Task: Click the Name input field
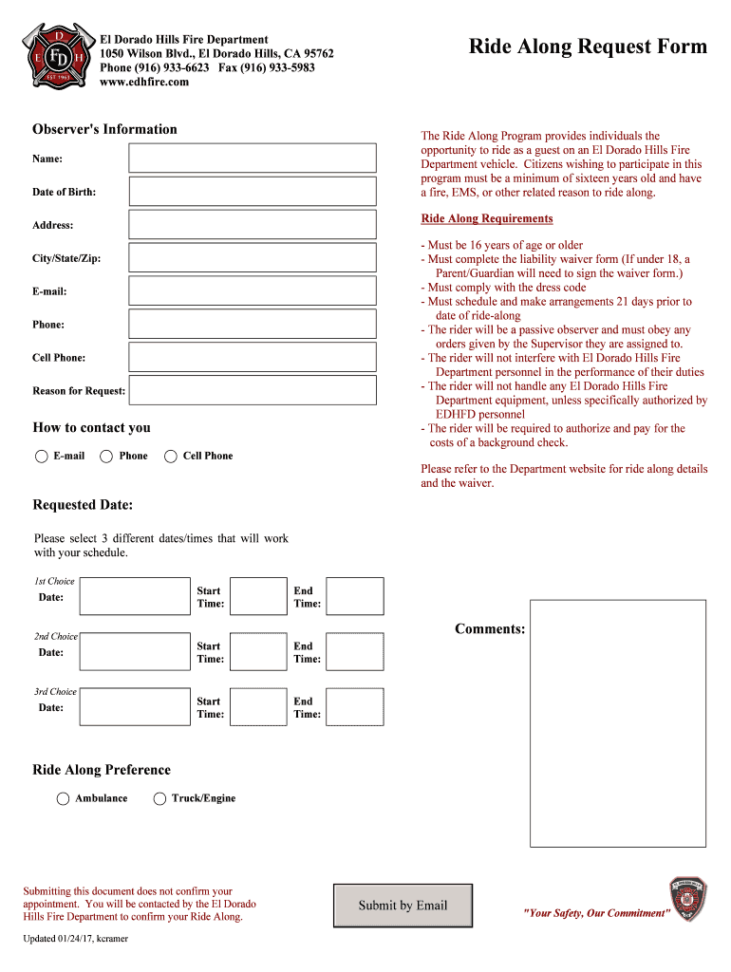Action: coord(253,158)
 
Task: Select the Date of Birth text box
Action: coord(253,191)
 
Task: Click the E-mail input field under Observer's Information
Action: coord(253,290)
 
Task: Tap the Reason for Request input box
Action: coord(253,390)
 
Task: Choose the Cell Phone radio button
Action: coord(171,457)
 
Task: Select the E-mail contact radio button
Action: coord(42,457)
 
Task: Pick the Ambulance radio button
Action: coord(63,798)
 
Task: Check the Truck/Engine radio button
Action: coord(159,798)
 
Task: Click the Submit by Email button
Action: coord(403,905)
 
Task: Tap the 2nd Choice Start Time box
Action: coord(258,651)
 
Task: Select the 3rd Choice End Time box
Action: coord(355,707)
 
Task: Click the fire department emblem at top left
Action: coord(58,59)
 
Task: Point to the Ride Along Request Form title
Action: coord(589,47)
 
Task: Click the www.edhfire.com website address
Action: coord(144,83)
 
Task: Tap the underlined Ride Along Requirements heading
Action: coord(486,219)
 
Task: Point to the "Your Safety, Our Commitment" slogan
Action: coord(596,913)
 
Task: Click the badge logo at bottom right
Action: coord(687,899)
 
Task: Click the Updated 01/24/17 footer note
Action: coord(75,939)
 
